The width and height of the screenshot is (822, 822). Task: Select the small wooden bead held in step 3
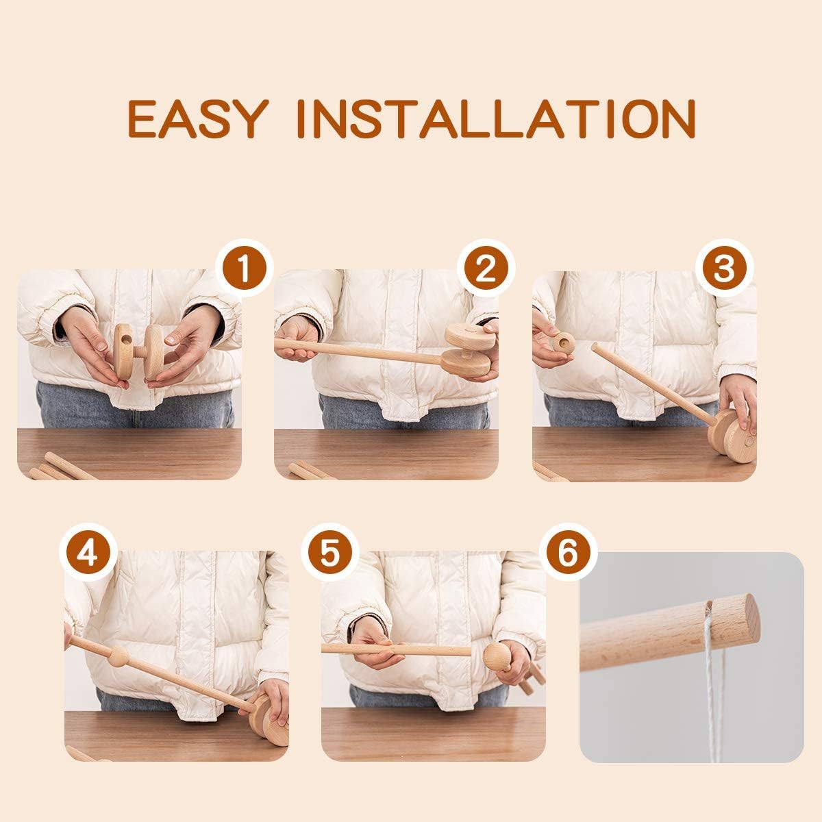click(564, 342)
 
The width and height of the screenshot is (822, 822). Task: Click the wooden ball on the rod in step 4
click(118, 657)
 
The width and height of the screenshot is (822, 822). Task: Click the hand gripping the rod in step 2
click(296, 340)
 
